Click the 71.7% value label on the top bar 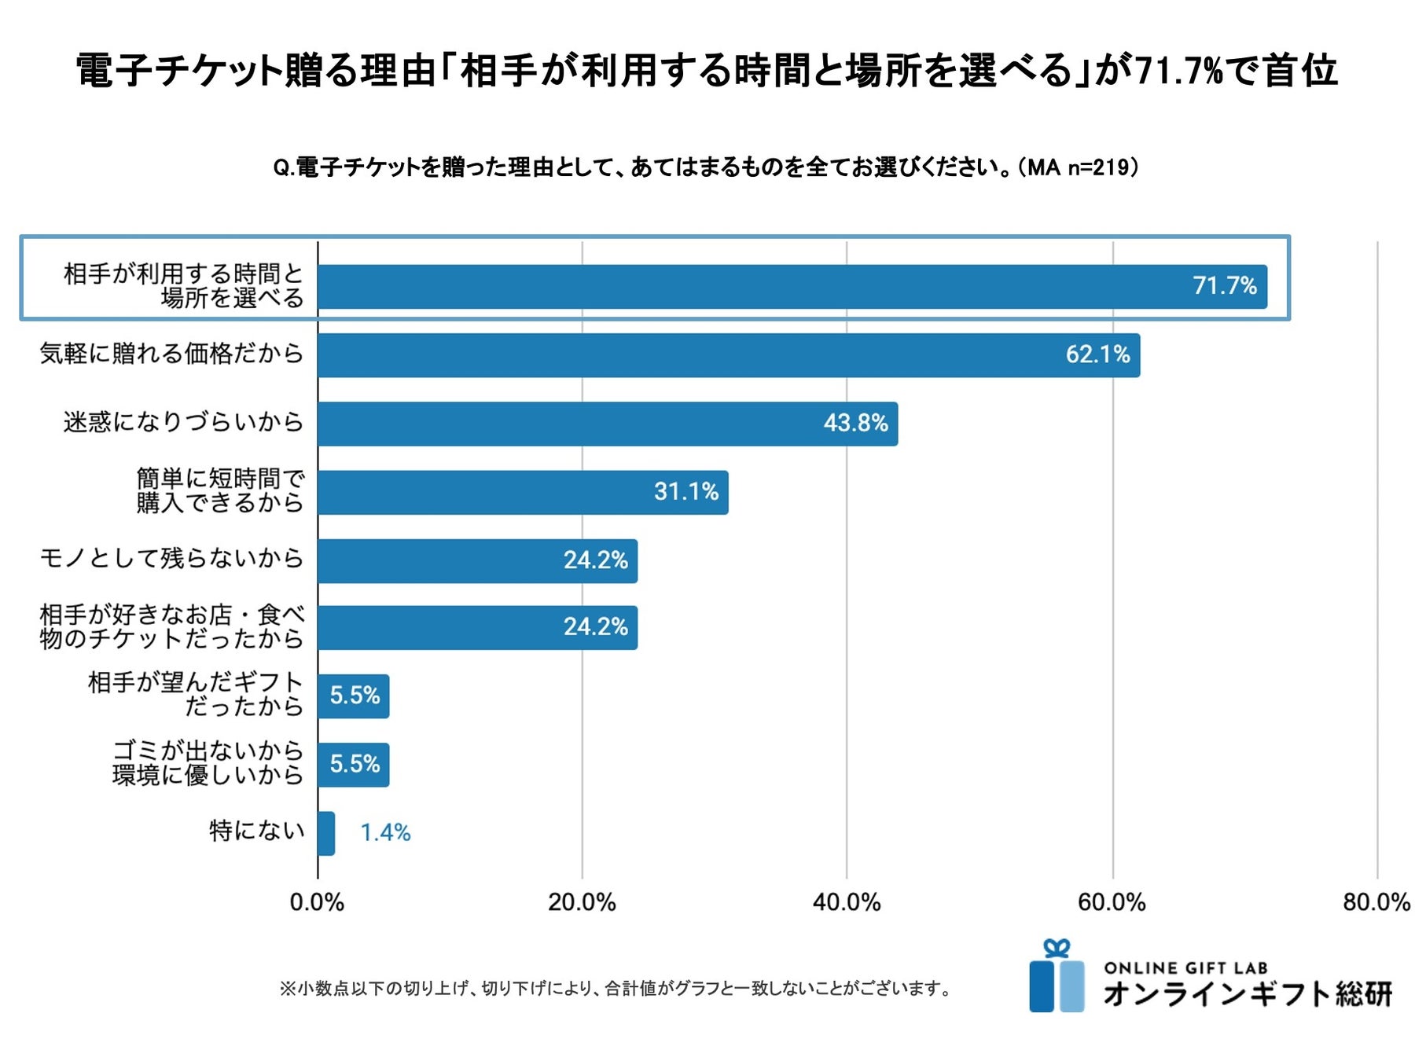coord(1224,286)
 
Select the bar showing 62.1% coord(728,355)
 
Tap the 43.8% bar coord(607,424)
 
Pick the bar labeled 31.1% coord(522,493)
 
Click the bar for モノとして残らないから coord(477,561)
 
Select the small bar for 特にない coord(326,833)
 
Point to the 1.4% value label coord(385,833)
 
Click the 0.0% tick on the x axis coord(317,902)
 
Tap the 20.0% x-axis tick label coord(582,902)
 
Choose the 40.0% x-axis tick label coord(847,902)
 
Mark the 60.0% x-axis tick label coord(1112,902)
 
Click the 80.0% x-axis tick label coord(1376,902)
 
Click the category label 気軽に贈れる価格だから coord(171,354)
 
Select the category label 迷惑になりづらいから coord(183,422)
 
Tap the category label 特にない coord(256,831)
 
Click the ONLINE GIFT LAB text coord(1185,968)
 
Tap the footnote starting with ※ coord(616,989)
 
